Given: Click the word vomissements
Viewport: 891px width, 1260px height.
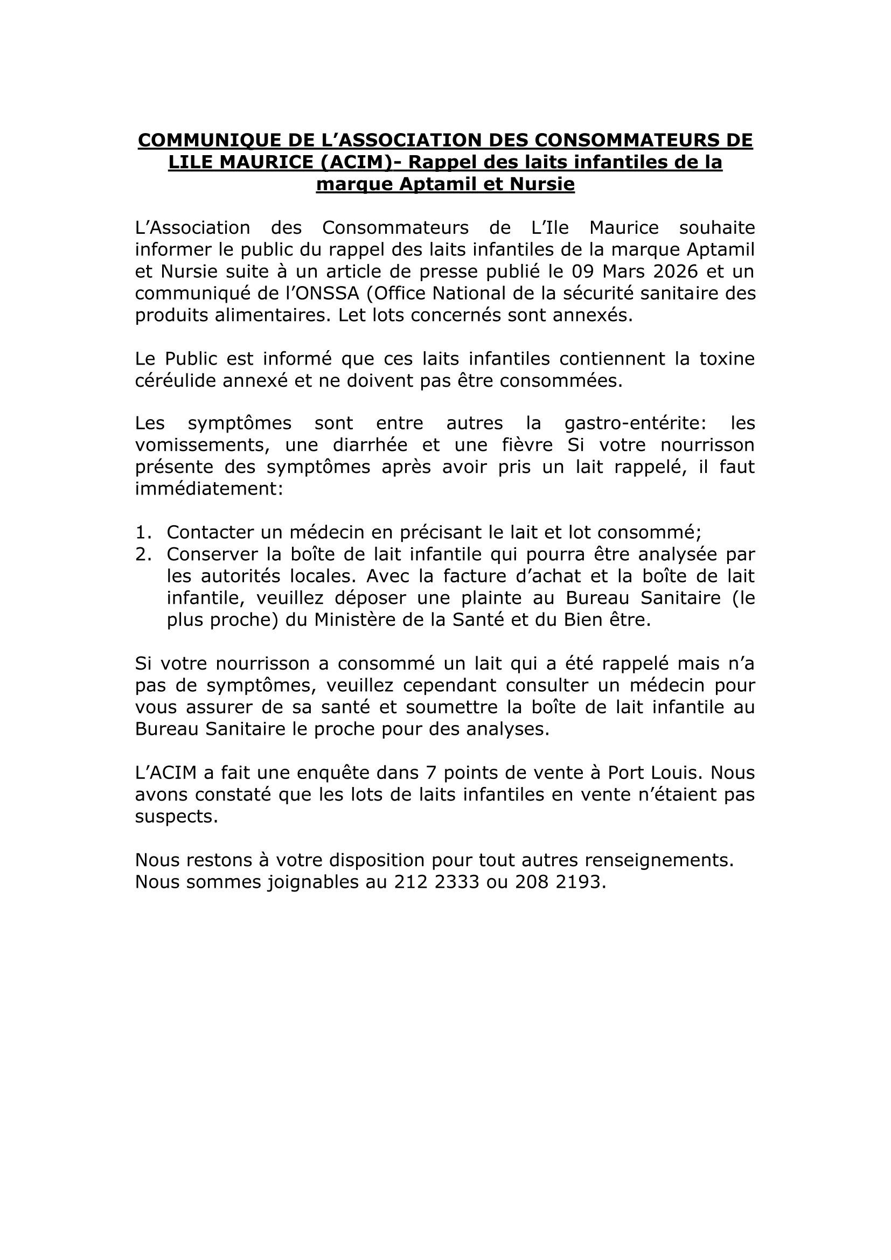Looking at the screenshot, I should (202, 445).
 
